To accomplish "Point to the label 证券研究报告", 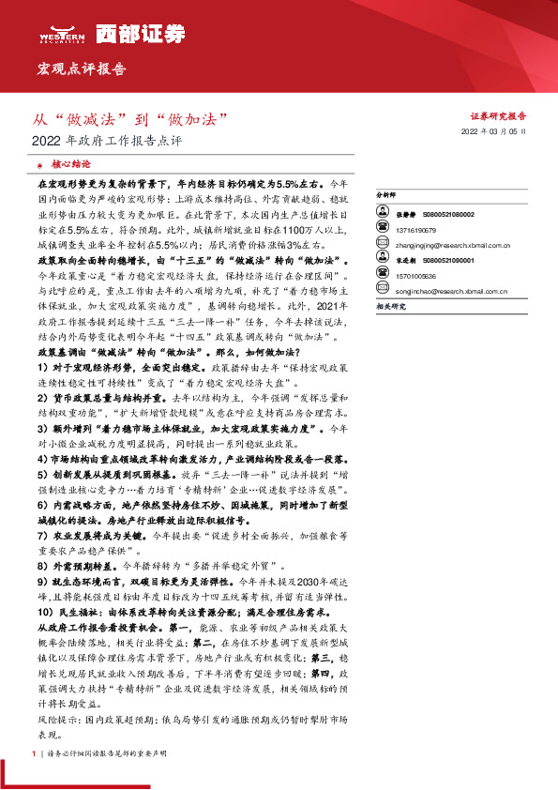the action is click(497, 116).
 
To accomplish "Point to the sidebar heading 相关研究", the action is click(389, 306).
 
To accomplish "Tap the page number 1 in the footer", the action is click(34, 753).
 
